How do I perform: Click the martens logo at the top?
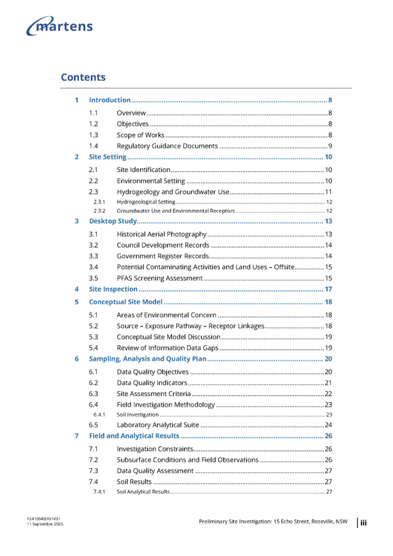(60, 27)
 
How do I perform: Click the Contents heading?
(83, 77)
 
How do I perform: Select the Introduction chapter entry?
(109, 99)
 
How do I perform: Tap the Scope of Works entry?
(140, 135)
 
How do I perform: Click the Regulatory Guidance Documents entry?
(167, 146)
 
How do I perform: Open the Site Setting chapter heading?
(107, 157)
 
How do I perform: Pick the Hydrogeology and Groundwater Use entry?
(173, 192)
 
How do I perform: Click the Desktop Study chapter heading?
(113, 220)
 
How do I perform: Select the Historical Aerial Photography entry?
(161, 234)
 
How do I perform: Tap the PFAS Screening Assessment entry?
(159, 278)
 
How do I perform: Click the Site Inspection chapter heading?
(113, 289)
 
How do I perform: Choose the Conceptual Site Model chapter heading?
(125, 302)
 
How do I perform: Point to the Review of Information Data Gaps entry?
(167, 348)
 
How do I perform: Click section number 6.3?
(93, 394)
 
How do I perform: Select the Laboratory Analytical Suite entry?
(157, 425)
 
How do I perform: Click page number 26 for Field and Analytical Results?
(329, 436)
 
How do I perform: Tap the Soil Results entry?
(134, 481)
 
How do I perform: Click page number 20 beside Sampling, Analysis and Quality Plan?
(329, 358)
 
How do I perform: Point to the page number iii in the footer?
(364, 523)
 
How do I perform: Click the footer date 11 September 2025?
(44, 524)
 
